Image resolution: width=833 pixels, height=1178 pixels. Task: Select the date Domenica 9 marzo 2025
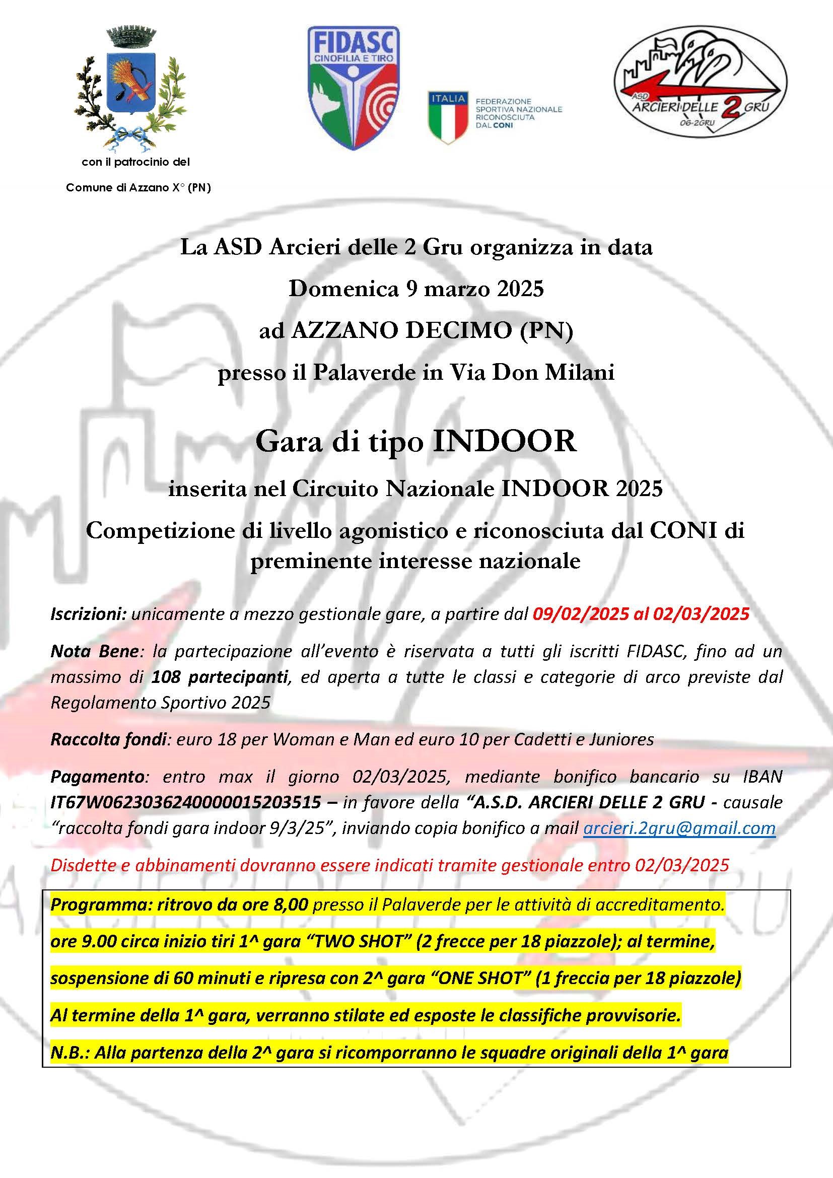coord(416,290)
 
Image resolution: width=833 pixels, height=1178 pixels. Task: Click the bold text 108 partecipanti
coord(219,677)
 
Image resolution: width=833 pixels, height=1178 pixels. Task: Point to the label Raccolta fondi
coord(109,739)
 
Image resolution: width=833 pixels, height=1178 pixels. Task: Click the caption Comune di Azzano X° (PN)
coord(138,188)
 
